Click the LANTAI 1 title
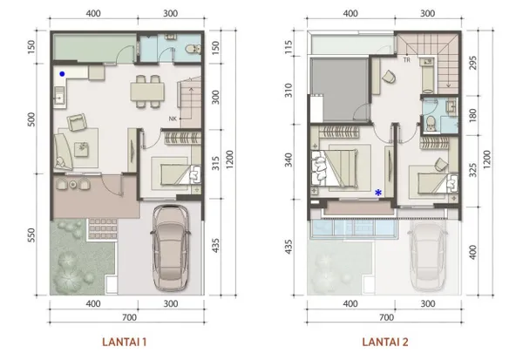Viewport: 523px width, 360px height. (124, 342)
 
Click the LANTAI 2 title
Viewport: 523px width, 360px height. (385, 342)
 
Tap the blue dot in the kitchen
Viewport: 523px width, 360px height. (62, 74)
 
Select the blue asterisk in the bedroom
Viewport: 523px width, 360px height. (378, 193)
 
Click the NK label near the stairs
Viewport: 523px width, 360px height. (173, 119)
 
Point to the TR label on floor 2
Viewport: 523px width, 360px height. (406, 60)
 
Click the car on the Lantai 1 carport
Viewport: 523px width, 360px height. (171, 248)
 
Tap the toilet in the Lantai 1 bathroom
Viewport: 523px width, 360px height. (194, 50)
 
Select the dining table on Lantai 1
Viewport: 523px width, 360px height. (147, 92)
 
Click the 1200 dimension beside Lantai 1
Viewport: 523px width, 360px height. (229, 160)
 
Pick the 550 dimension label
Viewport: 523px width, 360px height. (31, 235)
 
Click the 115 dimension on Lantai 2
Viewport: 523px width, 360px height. (289, 47)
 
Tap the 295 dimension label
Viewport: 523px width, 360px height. (472, 63)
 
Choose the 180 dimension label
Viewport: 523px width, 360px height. (472, 115)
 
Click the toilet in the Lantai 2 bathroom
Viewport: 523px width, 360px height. (431, 123)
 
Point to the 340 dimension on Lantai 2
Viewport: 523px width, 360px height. (289, 160)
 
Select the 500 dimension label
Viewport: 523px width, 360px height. (31, 119)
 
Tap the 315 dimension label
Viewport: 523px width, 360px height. (216, 163)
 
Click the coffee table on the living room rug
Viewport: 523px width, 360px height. (82, 149)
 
